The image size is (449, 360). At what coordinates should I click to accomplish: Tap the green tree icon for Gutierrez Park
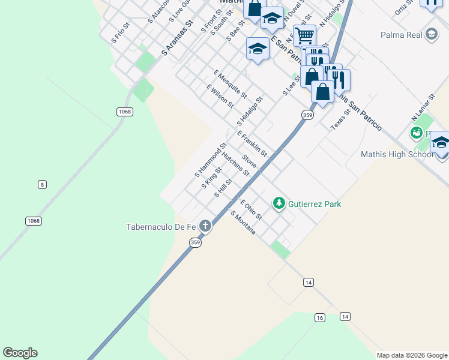tap(279, 204)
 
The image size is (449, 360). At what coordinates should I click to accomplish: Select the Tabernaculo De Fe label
tap(161, 227)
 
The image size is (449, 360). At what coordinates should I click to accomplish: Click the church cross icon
tap(205, 226)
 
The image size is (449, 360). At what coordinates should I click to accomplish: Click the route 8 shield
tap(41, 184)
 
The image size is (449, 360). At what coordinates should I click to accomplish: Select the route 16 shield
tap(319, 317)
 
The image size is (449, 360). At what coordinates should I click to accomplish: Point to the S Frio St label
tap(120, 34)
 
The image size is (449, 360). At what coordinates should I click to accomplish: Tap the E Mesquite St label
tap(230, 84)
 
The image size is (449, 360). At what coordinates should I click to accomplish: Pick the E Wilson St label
tap(220, 96)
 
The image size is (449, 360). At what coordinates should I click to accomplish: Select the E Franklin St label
tap(252, 144)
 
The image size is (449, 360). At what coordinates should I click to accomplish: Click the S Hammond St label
tap(210, 160)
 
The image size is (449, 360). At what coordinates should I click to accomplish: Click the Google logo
tap(20, 353)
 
